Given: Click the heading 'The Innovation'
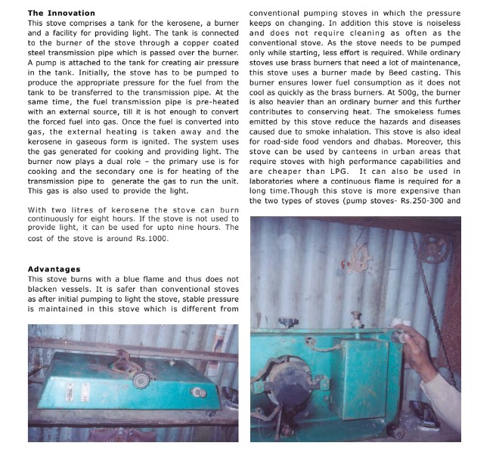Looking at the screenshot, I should [x=61, y=13].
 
